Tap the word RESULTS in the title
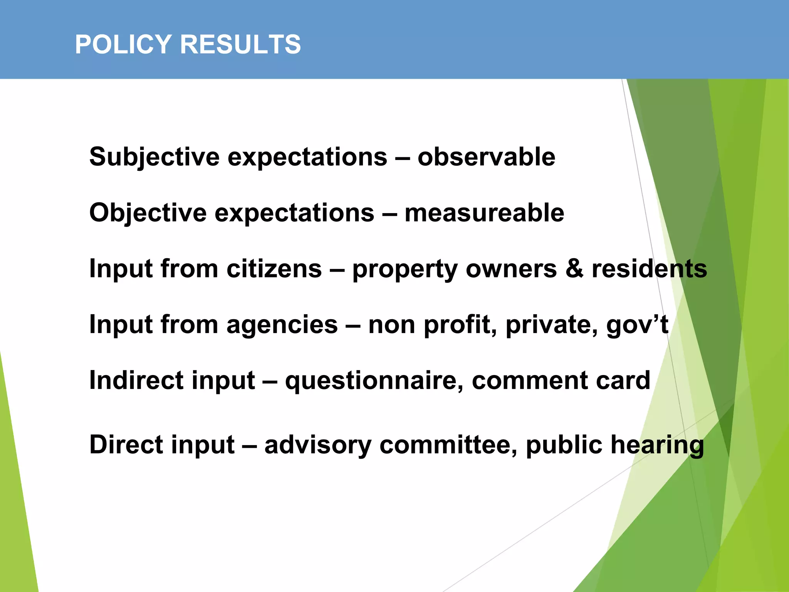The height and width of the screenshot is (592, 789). pos(240,44)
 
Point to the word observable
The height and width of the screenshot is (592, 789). pos(486,157)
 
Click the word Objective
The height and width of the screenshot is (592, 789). pos(148,213)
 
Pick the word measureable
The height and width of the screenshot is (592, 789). pos(484,213)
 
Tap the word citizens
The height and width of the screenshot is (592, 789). pos(274,269)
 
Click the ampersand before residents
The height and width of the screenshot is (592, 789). pos(574,269)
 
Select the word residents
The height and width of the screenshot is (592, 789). pos(650,269)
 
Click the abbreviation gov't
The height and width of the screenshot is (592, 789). pos(637,325)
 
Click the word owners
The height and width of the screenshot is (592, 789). pos(511,269)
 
